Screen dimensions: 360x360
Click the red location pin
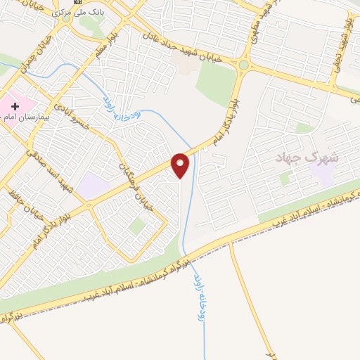click(x=181, y=165)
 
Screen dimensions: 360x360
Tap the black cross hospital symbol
click(x=15, y=105)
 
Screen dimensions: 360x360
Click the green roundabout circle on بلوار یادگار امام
click(x=243, y=65)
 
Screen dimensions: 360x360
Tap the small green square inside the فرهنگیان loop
click(x=138, y=226)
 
